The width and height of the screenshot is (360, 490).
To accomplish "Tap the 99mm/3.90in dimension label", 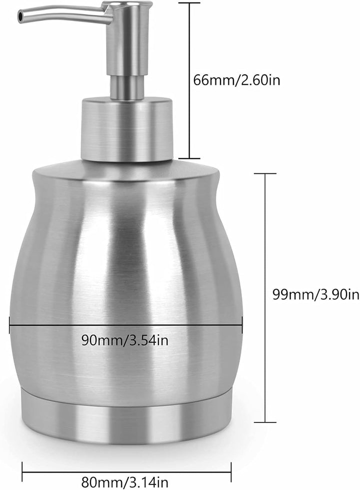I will click(315, 294).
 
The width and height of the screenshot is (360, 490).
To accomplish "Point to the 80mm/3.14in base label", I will click(125, 482).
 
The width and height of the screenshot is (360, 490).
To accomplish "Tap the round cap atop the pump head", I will click(127, 5).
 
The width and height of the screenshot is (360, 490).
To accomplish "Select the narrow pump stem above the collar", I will click(127, 86).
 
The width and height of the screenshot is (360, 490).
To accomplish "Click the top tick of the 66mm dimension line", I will click(188, 3).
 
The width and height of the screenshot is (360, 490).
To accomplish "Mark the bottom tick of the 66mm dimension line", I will click(188, 158).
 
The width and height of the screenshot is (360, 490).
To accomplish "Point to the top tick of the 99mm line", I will click(264, 174).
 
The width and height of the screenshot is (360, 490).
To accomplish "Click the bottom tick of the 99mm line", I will click(264, 422).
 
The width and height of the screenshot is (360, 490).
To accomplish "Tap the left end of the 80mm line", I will click(22, 468).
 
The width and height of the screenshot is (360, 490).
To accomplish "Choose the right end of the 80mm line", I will click(231, 468).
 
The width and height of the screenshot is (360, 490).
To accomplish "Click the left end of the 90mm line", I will click(9, 326).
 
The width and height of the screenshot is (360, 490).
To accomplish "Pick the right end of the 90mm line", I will click(242, 326).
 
